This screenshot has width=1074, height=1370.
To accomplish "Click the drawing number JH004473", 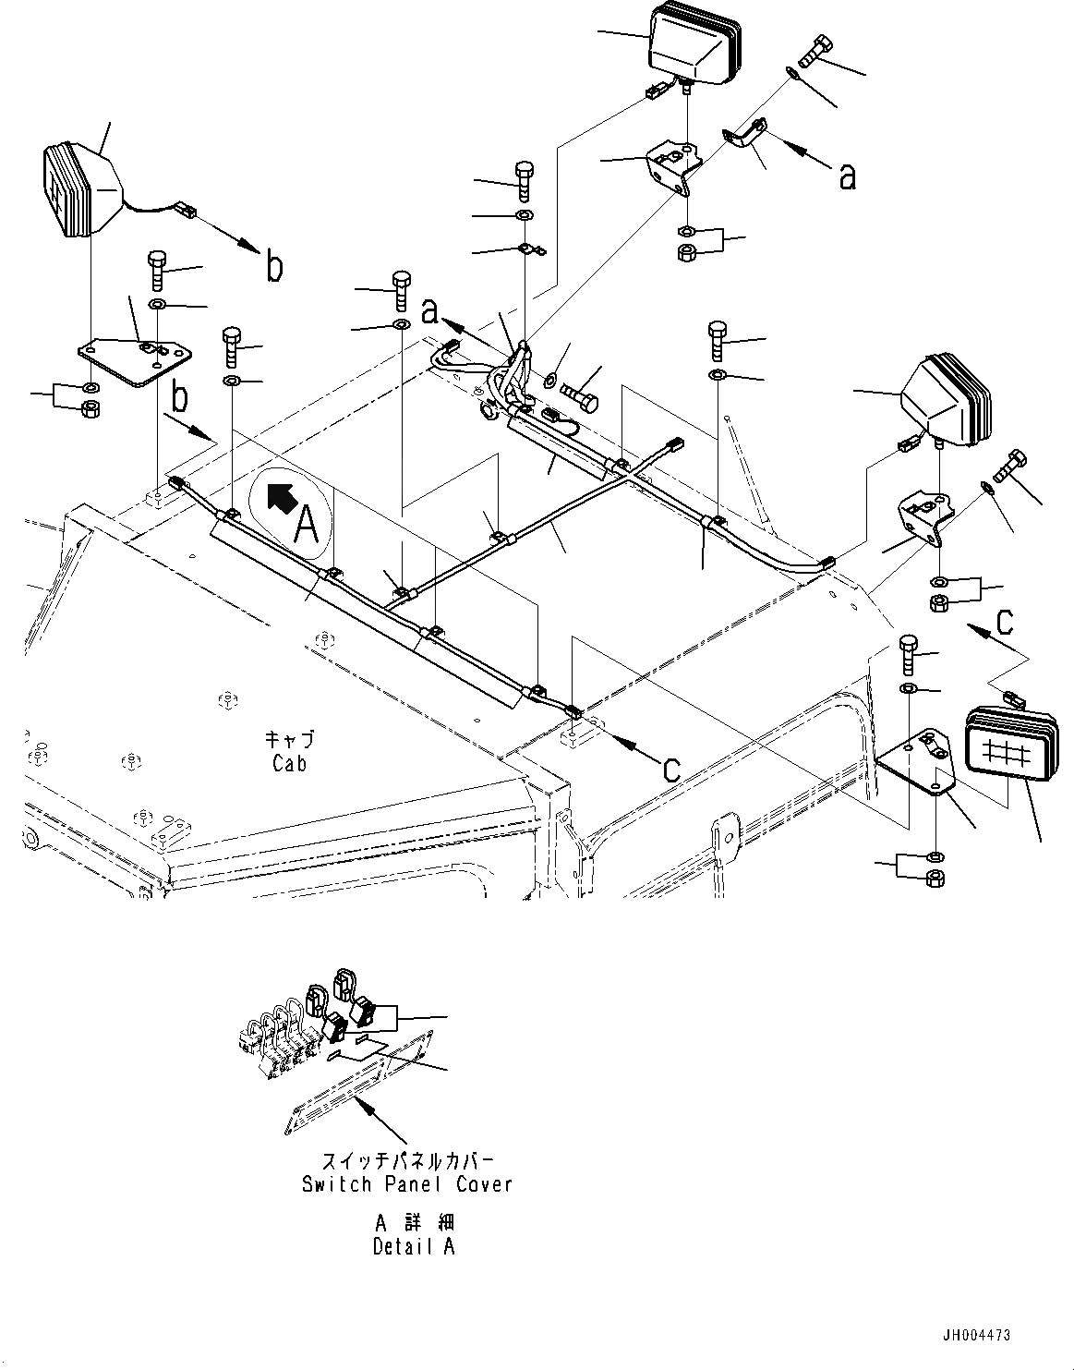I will tap(976, 1335).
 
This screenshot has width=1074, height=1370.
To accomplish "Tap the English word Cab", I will tap(289, 763).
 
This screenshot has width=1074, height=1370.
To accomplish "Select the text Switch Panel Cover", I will tap(406, 1183).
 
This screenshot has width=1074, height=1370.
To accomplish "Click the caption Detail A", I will tap(414, 1246).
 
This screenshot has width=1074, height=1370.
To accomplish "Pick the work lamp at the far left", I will tap(80, 189).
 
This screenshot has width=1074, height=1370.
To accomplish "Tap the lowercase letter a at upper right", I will tap(847, 176).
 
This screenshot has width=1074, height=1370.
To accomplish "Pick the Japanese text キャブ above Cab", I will tap(289, 739).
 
